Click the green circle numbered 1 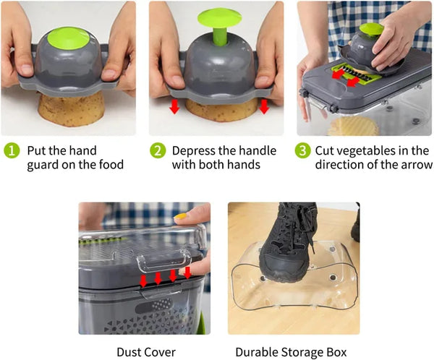click(x=12, y=151)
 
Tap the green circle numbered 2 click(x=158, y=151)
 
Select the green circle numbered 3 click(x=302, y=151)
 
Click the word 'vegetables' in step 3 click(x=367, y=151)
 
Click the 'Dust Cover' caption click(x=146, y=352)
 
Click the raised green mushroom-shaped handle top click(x=219, y=18)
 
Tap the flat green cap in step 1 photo click(x=69, y=40)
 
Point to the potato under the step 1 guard click(x=71, y=109)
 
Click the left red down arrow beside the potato click(x=174, y=106)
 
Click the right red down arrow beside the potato click(x=264, y=106)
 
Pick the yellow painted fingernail click(x=180, y=216)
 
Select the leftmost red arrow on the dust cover click(x=143, y=281)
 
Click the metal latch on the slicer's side click(x=317, y=102)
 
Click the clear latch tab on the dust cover click(x=164, y=261)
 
